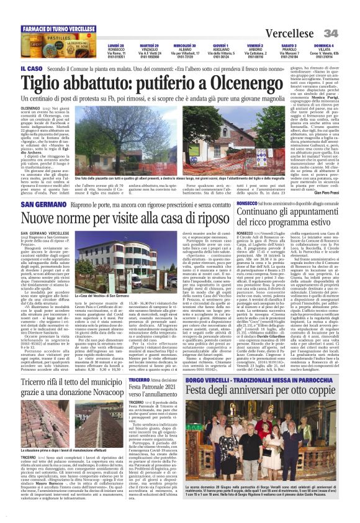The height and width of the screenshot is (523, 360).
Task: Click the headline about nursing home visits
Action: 124,218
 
